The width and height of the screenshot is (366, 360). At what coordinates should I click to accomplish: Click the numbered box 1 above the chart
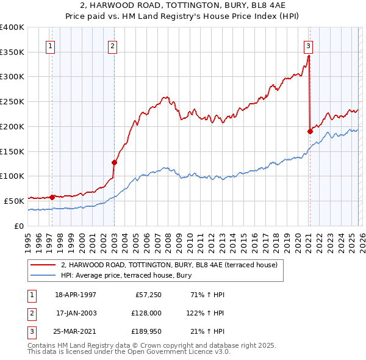tap(49, 45)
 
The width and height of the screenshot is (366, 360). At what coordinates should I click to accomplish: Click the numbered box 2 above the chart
tap(113, 45)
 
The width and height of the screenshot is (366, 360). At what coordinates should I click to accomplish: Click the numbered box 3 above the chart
tap(308, 45)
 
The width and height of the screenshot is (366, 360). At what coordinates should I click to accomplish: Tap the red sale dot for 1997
tap(52, 197)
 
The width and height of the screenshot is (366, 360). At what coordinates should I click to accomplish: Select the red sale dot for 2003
tap(114, 162)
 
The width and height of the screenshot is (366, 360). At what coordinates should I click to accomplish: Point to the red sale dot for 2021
tap(310, 131)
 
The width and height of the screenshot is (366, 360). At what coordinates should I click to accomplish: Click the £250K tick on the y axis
tap(12, 101)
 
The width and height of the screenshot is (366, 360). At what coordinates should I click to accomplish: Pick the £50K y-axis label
tap(14, 201)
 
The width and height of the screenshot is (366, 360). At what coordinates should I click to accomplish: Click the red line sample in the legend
tap(43, 265)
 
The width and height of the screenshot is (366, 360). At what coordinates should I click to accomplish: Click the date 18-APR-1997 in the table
tap(76, 294)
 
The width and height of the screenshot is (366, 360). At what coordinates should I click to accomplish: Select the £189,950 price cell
tap(145, 332)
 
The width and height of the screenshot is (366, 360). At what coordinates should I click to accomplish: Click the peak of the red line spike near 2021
tap(309, 56)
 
